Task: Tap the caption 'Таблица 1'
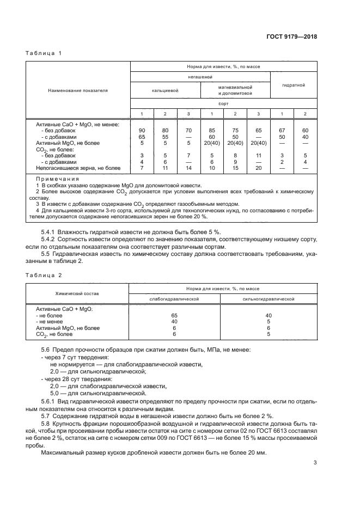(45, 53)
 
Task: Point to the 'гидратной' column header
(294, 85)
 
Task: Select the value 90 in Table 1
(142, 131)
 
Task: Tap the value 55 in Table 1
(165, 137)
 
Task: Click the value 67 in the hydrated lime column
(282, 131)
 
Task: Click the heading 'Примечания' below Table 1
(50, 179)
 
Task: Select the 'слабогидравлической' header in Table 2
(174, 299)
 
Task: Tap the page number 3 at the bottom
(315, 463)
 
